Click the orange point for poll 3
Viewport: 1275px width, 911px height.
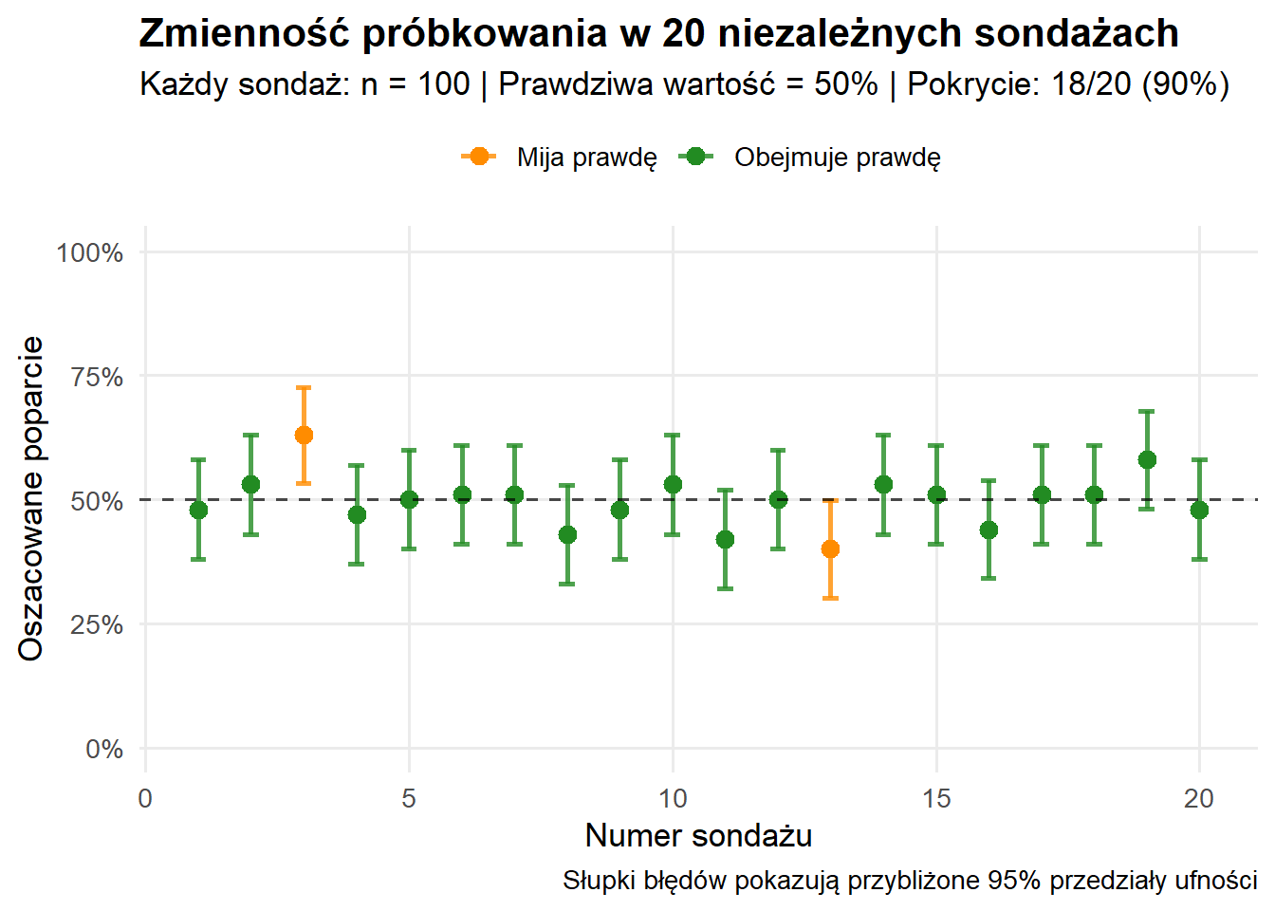pyautogui.click(x=304, y=436)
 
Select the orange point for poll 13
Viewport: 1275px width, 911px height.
pyautogui.click(x=830, y=549)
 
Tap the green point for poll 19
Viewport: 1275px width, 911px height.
pyautogui.click(x=1147, y=460)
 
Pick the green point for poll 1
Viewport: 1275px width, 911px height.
pyautogui.click(x=198, y=510)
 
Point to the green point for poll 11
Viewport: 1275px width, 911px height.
pyautogui.click(x=725, y=540)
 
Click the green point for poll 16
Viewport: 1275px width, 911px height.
pyautogui.click(x=989, y=530)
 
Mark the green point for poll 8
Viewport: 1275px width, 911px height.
pyautogui.click(x=567, y=534)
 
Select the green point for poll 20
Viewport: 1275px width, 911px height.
pyautogui.click(x=1199, y=510)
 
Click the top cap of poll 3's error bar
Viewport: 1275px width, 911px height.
pyautogui.click(x=304, y=387)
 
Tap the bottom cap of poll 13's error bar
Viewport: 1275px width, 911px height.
pyautogui.click(x=830, y=598)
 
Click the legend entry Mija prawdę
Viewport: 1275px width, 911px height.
pyautogui.click(x=586, y=158)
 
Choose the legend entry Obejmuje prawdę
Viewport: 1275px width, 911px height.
pyautogui.click(x=837, y=158)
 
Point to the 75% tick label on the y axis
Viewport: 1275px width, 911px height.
pyautogui.click(x=97, y=377)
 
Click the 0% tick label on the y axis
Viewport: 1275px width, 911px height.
pyautogui.click(x=104, y=749)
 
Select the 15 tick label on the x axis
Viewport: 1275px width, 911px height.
pyautogui.click(x=936, y=798)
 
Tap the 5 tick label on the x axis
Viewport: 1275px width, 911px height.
pyautogui.click(x=409, y=798)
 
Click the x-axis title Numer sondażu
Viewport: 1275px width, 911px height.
pyautogui.click(x=698, y=835)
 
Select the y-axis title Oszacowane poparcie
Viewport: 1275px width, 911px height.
pyautogui.click(x=31, y=498)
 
